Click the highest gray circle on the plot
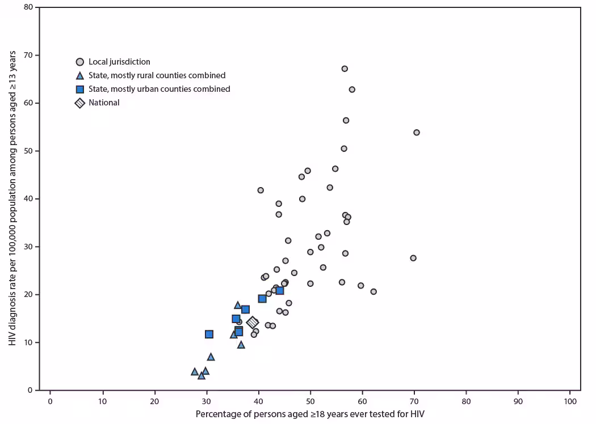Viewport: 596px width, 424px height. tap(345, 69)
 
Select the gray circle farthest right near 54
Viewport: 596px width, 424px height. tap(417, 132)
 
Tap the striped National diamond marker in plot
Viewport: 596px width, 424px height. tap(253, 323)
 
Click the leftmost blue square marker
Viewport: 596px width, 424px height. tap(209, 334)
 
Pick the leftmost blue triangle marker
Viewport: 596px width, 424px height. tap(195, 372)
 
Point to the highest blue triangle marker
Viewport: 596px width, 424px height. tap(238, 305)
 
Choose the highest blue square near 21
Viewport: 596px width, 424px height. tap(280, 290)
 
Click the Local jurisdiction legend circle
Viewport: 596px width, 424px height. tap(80, 62)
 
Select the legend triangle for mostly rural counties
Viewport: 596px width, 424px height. tap(80, 75)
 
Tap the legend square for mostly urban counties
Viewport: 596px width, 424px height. tap(80, 89)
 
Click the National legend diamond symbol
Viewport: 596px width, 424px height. tap(80, 103)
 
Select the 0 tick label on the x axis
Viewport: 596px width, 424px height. tap(50, 401)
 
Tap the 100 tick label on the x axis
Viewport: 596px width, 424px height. tap(570, 401)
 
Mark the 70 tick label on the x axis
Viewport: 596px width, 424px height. tap(414, 401)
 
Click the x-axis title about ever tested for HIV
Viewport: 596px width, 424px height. tap(310, 414)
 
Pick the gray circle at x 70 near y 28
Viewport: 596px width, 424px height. tap(413, 258)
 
